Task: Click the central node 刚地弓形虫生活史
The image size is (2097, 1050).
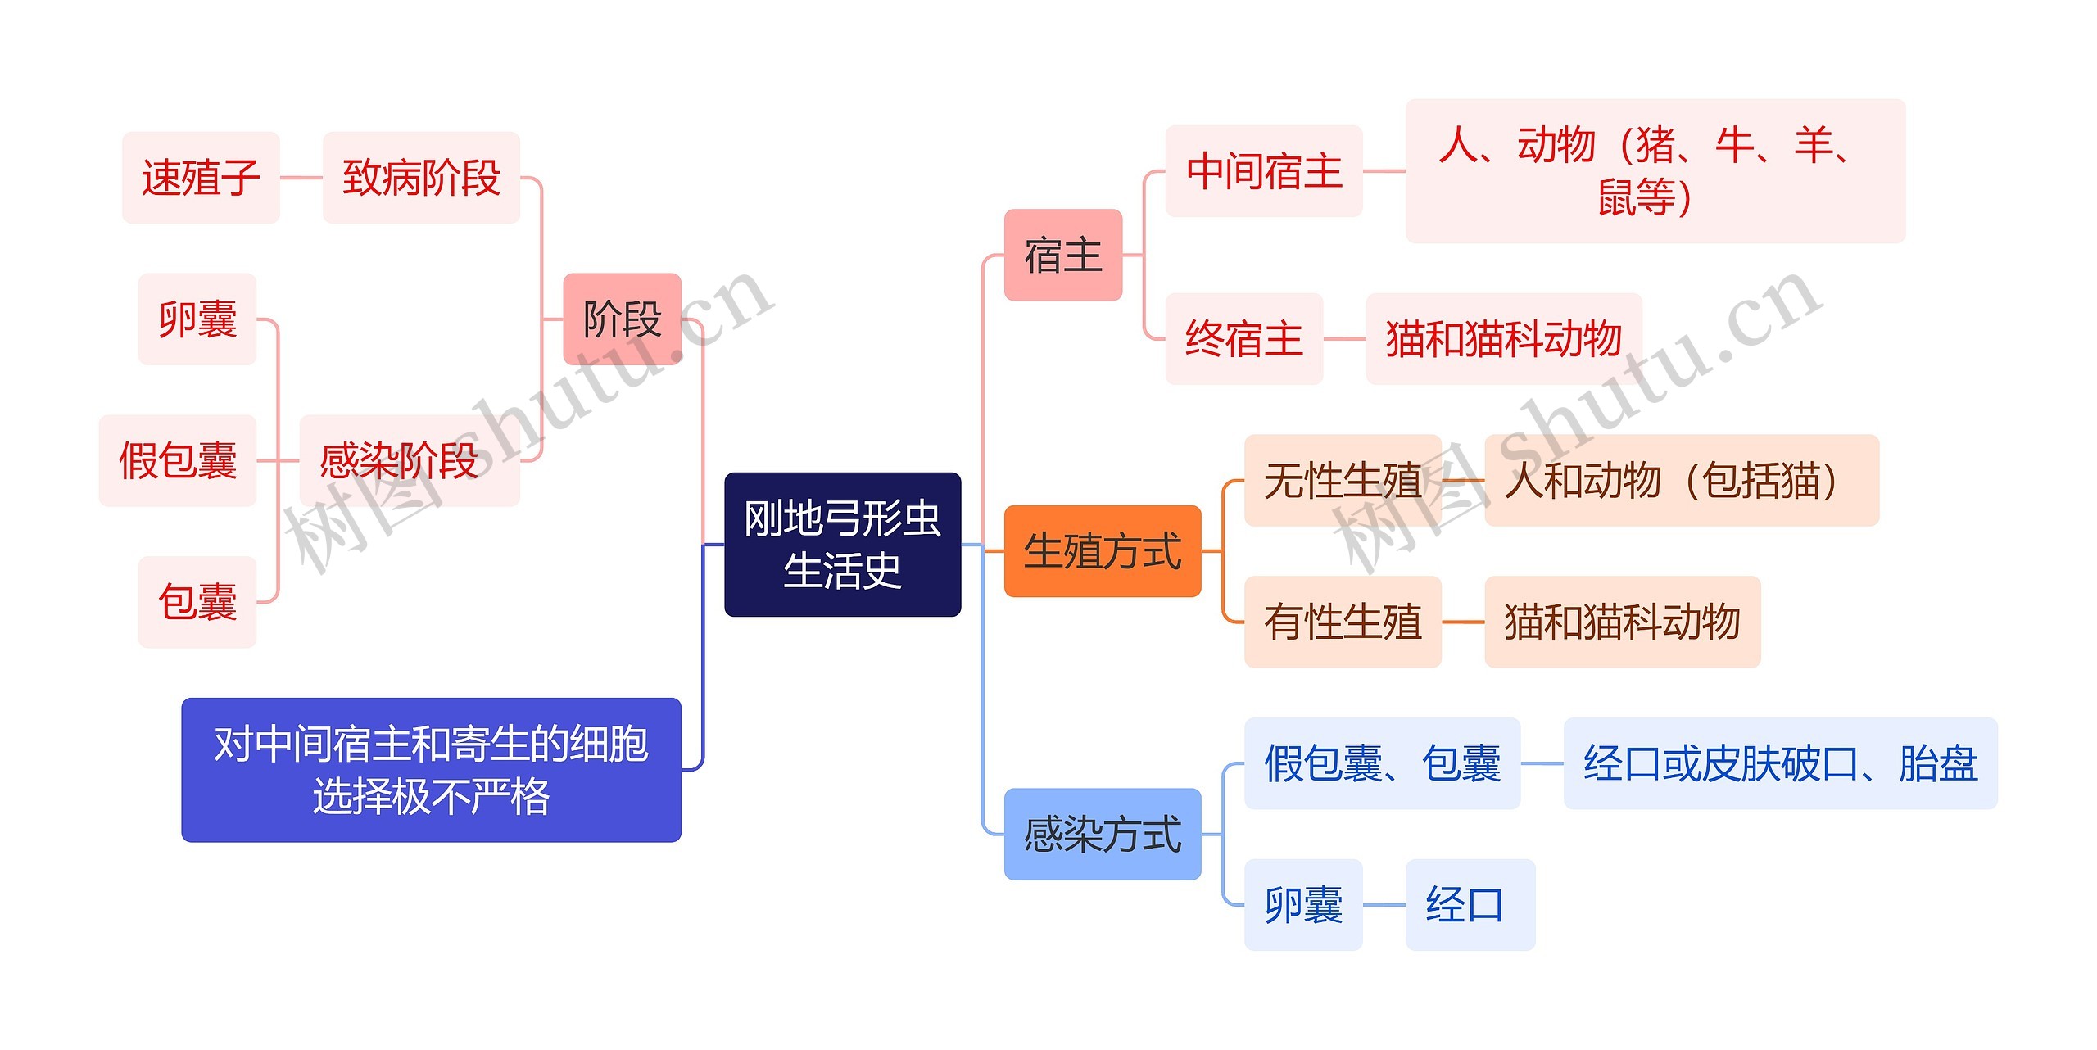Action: point(842,544)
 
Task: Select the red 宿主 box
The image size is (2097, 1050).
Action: point(1062,255)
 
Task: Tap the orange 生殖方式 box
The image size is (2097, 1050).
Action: point(1102,550)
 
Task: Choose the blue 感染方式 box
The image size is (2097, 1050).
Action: point(1102,834)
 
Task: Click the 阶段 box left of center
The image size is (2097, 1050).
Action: point(622,319)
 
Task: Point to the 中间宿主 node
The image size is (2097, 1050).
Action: point(1263,171)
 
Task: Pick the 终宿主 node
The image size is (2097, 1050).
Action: point(1243,338)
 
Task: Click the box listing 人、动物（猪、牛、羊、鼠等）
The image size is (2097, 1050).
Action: point(1655,171)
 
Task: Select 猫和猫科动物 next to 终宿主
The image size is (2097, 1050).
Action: point(1503,338)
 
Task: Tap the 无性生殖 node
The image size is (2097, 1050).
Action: point(1342,480)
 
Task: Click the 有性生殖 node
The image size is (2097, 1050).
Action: point(1342,621)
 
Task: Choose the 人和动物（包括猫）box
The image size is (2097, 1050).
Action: point(1681,480)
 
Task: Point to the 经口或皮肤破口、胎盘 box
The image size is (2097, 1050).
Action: point(1780,763)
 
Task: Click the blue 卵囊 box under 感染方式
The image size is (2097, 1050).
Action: point(1302,904)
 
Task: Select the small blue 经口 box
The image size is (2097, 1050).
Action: point(1470,904)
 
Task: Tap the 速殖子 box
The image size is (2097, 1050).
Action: point(201,177)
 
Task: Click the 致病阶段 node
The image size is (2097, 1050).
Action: point(421,177)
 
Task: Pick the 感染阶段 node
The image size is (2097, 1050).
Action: point(409,460)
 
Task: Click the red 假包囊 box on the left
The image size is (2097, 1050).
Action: point(178,460)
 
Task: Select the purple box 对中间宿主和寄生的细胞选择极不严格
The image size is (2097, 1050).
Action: point(431,769)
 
